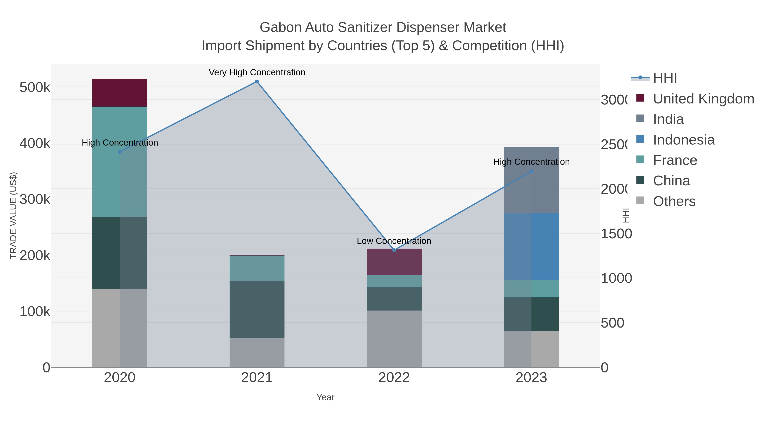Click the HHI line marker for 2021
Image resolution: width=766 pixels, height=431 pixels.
tap(257, 82)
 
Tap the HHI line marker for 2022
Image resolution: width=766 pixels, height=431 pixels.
tap(394, 250)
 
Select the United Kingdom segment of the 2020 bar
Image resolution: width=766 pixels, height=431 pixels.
tap(120, 93)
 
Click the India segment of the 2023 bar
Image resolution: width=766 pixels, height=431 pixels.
tap(531, 180)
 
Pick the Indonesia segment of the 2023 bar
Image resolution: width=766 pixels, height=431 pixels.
tap(531, 246)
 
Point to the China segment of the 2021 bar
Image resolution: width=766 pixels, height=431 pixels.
tap(257, 309)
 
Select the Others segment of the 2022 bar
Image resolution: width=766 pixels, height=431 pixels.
tap(394, 339)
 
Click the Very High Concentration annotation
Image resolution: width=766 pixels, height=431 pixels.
tap(257, 73)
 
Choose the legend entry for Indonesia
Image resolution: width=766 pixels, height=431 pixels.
tap(683, 140)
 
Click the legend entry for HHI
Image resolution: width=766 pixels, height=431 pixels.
tap(665, 78)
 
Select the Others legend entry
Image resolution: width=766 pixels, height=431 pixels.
tap(674, 201)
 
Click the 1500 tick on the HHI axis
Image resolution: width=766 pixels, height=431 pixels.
tap(616, 234)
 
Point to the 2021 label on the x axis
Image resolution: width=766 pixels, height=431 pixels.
tap(257, 378)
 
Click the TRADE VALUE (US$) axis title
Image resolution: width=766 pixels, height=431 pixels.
tap(13, 215)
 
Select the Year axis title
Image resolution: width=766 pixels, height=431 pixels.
tap(325, 397)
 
